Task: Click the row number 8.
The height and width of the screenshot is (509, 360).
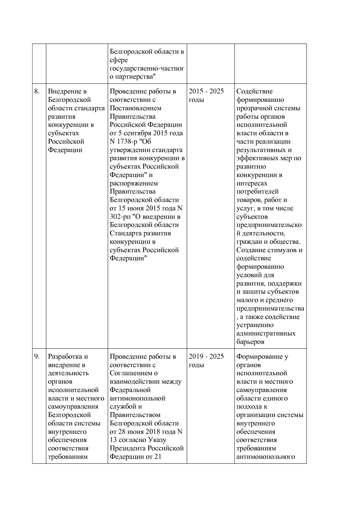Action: (x=37, y=91)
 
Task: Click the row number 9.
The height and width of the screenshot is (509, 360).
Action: (x=37, y=357)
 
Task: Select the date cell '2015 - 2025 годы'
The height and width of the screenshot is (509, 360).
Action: (x=206, y=95)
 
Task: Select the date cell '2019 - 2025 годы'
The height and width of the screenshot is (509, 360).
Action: (x=206, y=360)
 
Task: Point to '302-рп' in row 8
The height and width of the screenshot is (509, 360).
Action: (x=120, y=217)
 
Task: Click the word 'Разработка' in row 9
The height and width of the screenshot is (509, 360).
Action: (x=64, y=357)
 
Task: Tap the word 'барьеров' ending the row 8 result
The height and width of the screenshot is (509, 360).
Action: (x=250, y=342)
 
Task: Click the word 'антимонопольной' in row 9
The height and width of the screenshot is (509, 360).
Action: (x=137, y=398)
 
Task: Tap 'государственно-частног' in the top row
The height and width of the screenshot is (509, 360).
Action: (x=147, y=69)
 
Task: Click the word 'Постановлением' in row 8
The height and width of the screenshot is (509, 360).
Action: (x=135, y=108)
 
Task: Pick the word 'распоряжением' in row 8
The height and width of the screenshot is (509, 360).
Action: (x=134, y=183)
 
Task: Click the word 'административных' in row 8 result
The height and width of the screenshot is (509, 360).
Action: (x=266, y=333)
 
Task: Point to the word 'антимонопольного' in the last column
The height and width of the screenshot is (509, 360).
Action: (x=265, y=457)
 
